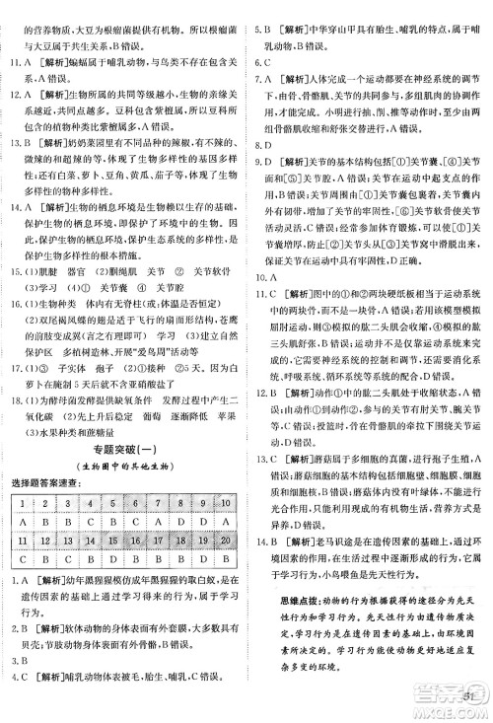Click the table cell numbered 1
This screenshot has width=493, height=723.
tap(21, 504)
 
